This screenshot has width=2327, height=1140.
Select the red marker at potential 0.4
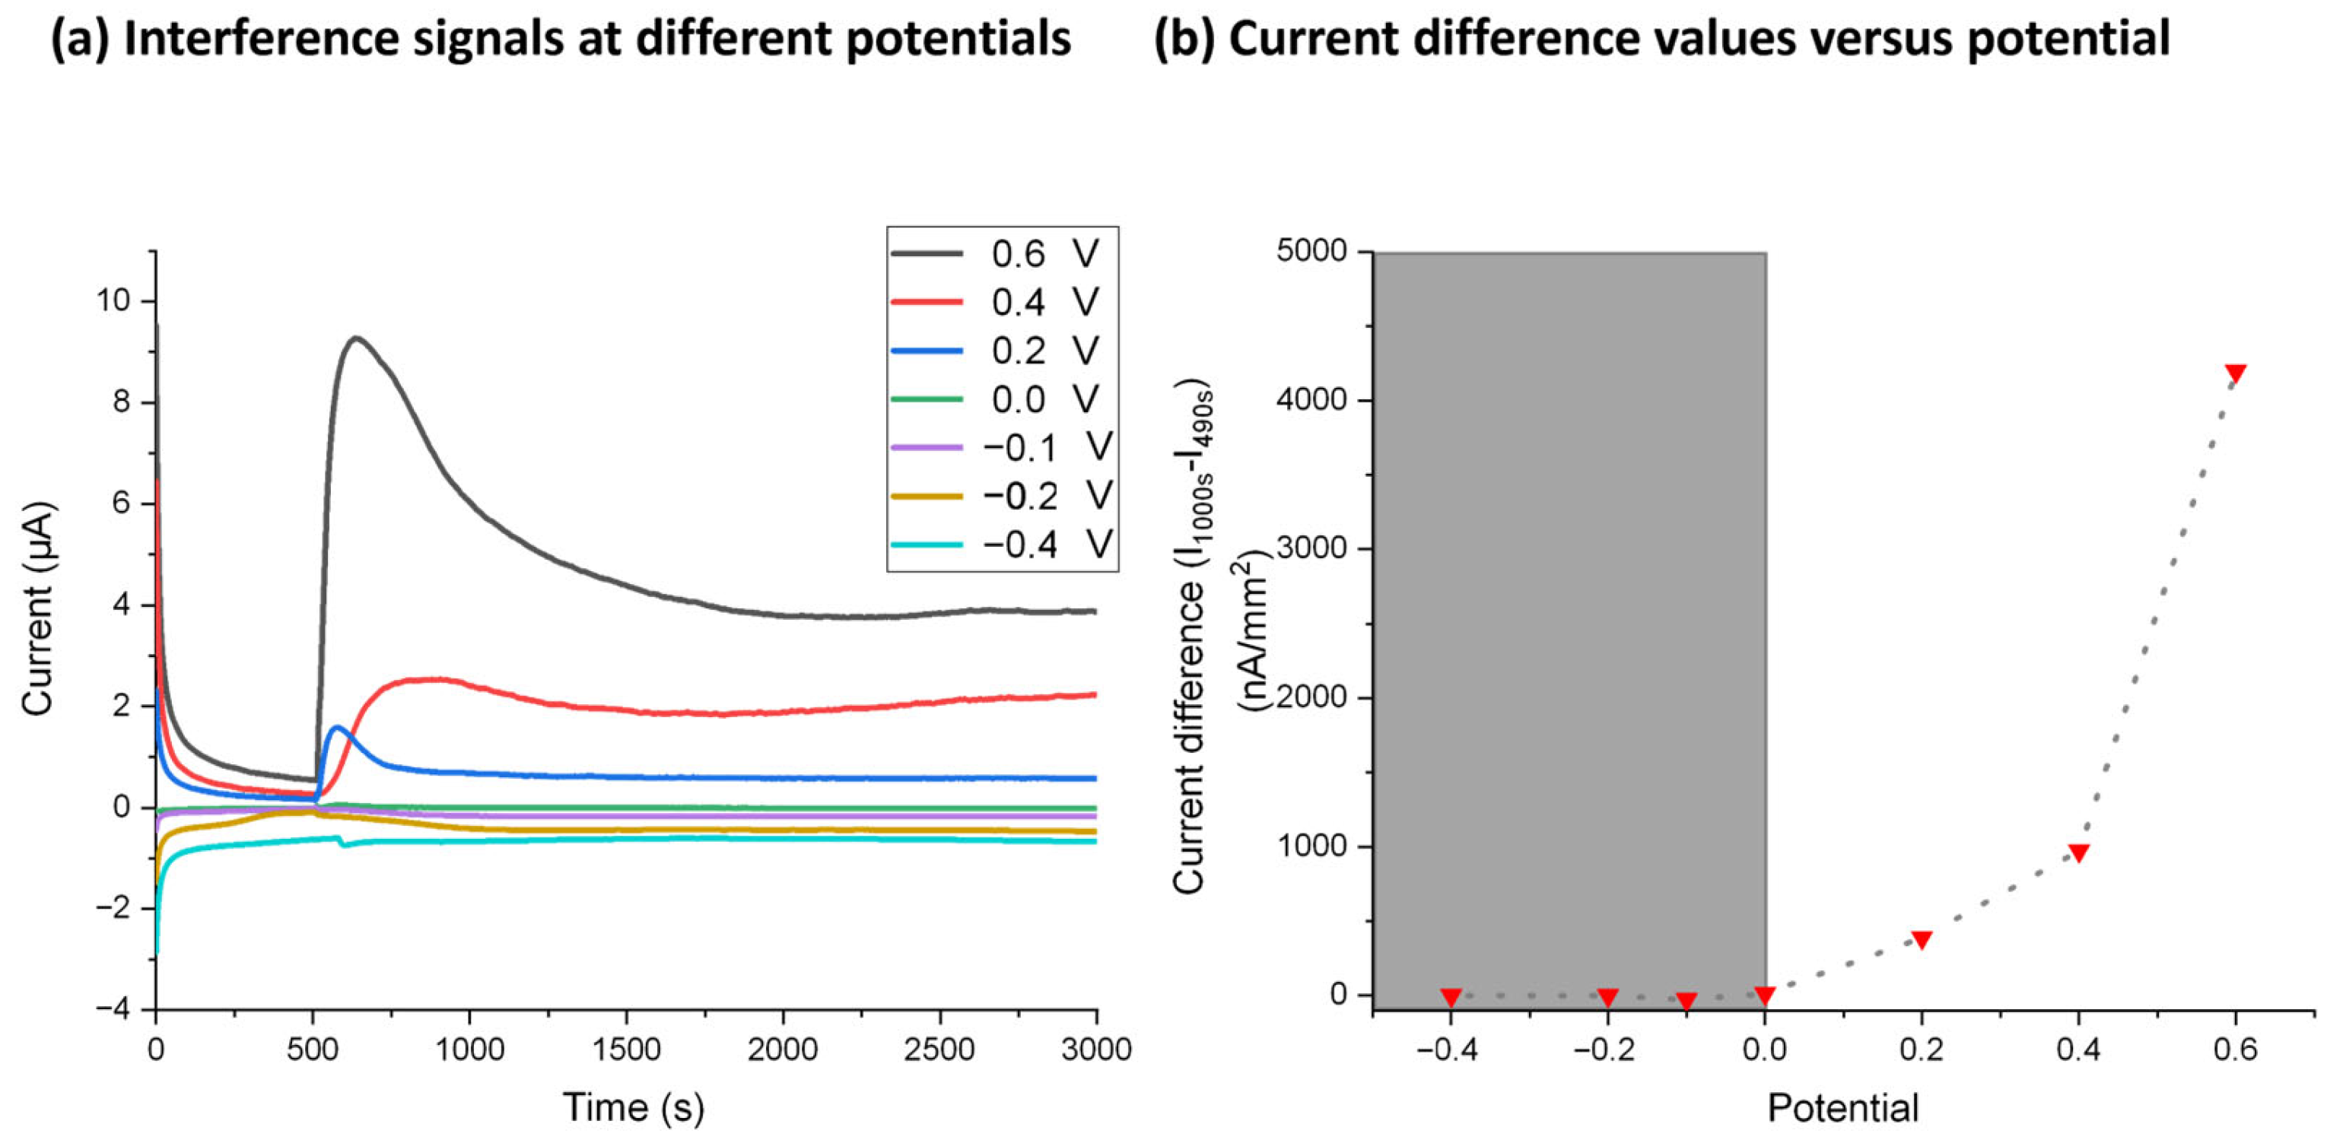click(x=2078, y=853)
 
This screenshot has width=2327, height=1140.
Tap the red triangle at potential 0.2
click(x=1922, y=939)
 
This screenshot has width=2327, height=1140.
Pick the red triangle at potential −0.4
click(x=1451, y=997)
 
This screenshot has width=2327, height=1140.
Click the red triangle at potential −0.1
click(x=1686, y=1001)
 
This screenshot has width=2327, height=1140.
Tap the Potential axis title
click(x=1842, y=1107)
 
